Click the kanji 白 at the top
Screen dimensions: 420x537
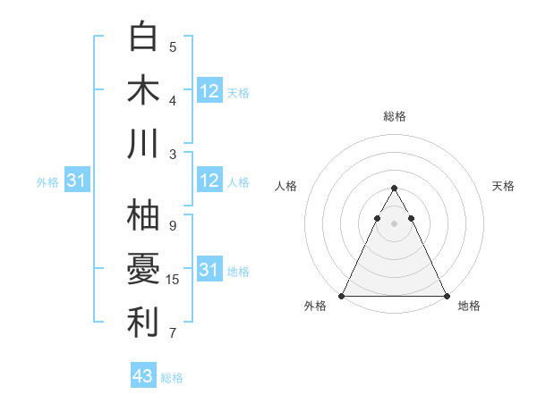click(x=144, y=37)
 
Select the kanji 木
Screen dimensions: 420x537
click(x=144, y=90)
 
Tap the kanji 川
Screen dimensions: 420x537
click(x=144, y=144)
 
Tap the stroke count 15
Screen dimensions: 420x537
click(x=173, y=280)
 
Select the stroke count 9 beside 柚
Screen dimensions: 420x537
click(x=173, y=226)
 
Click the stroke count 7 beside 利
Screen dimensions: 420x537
click(x=173, y=333)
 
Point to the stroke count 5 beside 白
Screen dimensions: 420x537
click(x=173, y=47)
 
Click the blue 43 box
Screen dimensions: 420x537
click(x=143, y=376)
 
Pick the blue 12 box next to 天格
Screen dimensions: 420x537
click(x=209, y=90)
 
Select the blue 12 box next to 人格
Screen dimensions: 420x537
click(x=209, y=181)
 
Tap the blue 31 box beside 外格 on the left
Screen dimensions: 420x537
click(x=76, y=181)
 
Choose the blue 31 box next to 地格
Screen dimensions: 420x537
click(x=209, y=270)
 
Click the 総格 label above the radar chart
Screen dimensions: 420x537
click(x=395, y=116)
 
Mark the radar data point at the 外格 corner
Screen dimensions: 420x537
click(x=342, y=296)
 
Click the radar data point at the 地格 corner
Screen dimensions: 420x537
click(x=447, y=296)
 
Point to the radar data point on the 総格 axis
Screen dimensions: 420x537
click(x=394, y=189)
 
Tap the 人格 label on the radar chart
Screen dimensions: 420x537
click(x=286, y=186)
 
